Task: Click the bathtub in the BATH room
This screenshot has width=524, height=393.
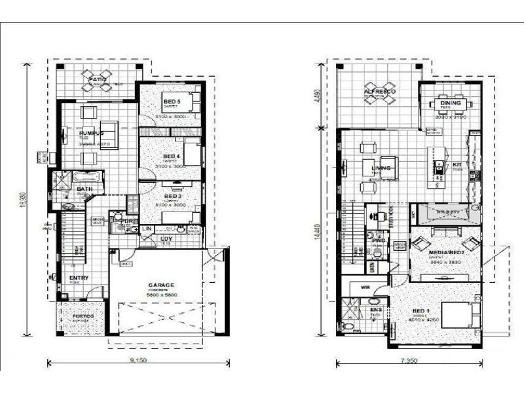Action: (86, 178)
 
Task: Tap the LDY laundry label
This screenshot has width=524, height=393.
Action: (167, 239)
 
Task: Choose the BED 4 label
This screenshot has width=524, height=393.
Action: (172, 157)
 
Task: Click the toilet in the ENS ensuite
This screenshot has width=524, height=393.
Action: (348, 326)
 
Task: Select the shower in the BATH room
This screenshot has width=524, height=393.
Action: (63, 180)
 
